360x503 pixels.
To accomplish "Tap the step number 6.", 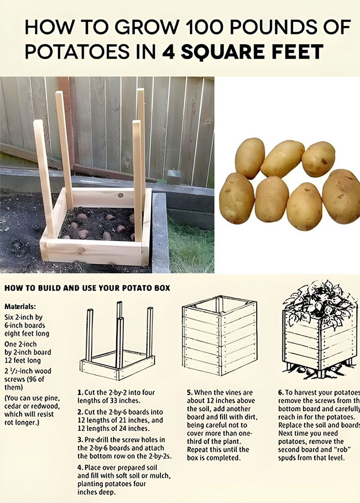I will click(x=281, y=392).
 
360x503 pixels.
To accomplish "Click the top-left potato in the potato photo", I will click(x=250, y=157).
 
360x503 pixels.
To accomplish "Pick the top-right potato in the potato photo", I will click(x=318, y=158).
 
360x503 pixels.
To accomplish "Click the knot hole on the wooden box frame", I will click(x=119, y=196).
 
